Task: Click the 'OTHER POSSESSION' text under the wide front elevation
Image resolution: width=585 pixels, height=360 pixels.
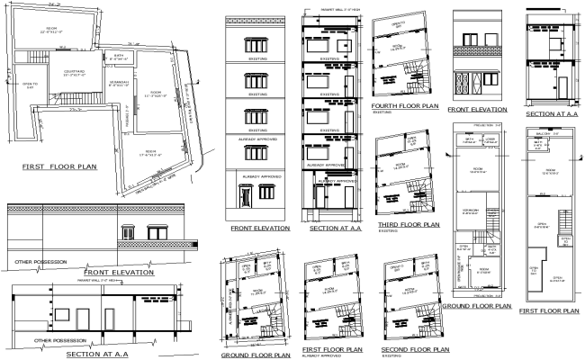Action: point(38,262)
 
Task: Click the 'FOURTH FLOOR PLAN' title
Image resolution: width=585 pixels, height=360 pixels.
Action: point(404,106)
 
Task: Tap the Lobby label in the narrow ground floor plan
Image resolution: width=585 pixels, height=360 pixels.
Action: point(490,141)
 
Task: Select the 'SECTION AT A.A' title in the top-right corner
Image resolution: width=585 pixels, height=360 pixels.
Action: point(552,114)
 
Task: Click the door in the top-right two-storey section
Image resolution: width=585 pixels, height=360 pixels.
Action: point(562,87)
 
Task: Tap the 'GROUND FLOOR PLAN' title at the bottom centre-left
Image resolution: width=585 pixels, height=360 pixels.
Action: point(254,355)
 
